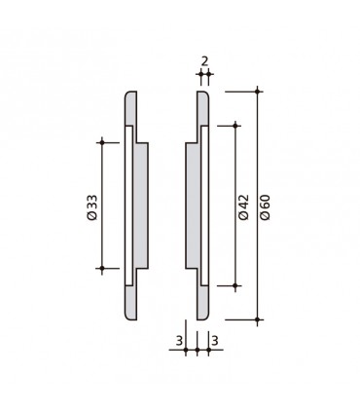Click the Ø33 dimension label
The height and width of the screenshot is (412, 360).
coord(90,206)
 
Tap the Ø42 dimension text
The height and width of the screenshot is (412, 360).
coord(244,206)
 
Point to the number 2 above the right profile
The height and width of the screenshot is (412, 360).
coord(203,60)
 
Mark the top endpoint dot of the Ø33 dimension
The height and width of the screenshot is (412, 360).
coord(102,142)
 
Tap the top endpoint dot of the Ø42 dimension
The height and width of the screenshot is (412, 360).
coord(235,125)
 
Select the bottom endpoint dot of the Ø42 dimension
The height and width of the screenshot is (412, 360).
coord(235,285)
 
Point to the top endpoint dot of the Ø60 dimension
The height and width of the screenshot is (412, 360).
coord(258,91)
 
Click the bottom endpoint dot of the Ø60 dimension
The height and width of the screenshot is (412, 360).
coord(258,319)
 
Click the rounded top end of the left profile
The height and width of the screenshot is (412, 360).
coord(129,95)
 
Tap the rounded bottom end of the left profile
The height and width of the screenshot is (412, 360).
coord(129,315)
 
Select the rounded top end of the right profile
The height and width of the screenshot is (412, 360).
coord(202,95)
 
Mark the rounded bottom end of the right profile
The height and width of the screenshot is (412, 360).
coord(202,315)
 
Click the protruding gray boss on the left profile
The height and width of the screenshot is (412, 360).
coord(142,206)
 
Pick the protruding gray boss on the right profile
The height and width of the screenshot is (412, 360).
coord(190,206)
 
